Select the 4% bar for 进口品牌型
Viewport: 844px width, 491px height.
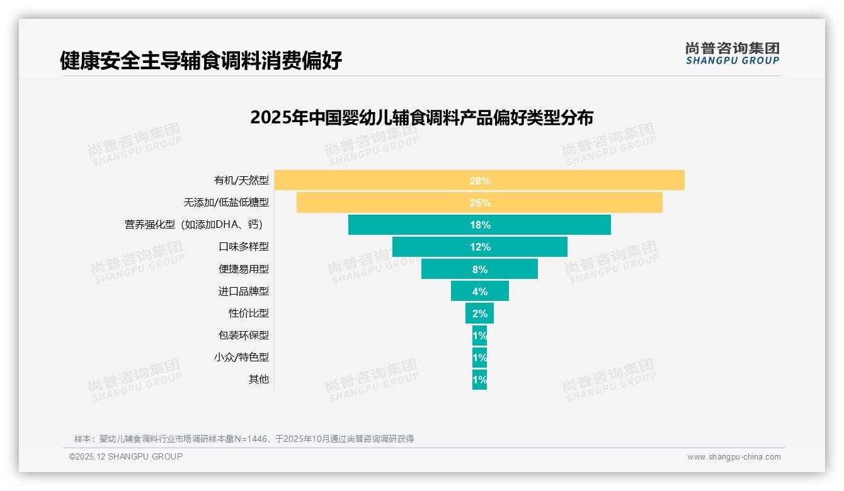click(x=479, y=291)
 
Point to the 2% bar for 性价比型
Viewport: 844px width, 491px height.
click(x=479, y=313)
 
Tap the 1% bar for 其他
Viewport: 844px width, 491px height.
click(x=479, y=380)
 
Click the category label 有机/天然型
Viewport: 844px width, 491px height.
click(x=241, y=181)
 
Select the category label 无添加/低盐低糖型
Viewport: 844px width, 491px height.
click(x=226, y=203)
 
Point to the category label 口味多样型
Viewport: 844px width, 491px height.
click(x=244, y=247)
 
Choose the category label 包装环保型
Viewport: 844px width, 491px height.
click(x=244, y=335)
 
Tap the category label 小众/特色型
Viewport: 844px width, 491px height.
click(x=241, y=357)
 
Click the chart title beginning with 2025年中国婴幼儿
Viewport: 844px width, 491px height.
click(x=421, y=118)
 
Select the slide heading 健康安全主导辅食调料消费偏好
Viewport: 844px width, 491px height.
click(x=201, y=61)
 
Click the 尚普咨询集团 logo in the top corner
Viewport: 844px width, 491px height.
click(x=732, y=53)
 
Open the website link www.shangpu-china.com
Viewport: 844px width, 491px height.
click(x=734, y=457)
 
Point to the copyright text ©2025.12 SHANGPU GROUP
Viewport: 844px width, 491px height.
click(x=126, y=456)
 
